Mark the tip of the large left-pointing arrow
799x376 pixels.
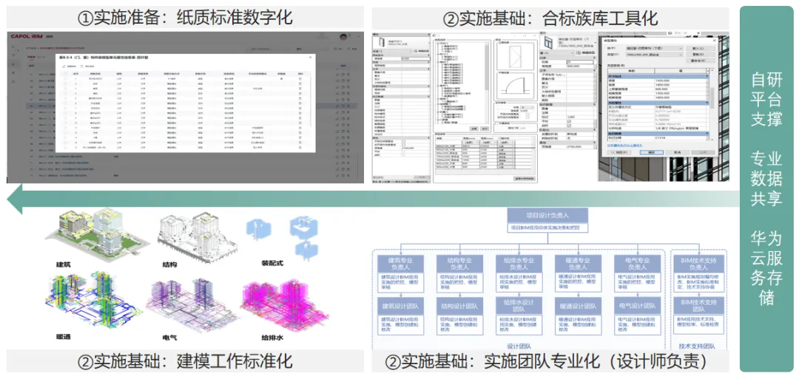click(9, 199)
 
